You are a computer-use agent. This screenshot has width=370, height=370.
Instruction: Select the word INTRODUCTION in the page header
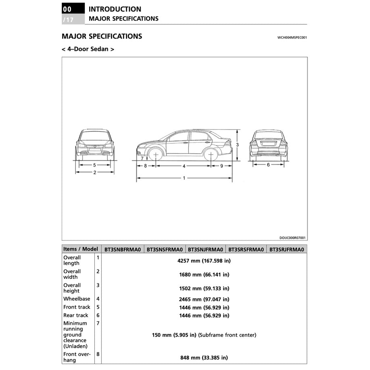click(x=115, y=9)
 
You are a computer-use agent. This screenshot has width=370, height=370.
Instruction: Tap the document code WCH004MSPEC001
click(x=292, y=38)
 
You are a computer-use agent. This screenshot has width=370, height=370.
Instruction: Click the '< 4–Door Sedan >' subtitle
click(x=88, y=49)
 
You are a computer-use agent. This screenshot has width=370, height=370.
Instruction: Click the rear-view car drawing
click(x=268, y=144)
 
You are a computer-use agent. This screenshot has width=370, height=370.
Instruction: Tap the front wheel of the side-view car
click(x=155, y=155)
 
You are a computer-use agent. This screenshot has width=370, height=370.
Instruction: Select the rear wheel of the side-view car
click(x=211, y=155)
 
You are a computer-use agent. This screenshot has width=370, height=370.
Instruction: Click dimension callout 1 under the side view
click(x=184, y=178)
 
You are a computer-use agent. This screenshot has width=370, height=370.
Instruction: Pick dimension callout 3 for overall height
click(x=238, y=144)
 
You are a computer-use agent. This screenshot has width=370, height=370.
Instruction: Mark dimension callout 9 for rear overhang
click(x=222, y=166)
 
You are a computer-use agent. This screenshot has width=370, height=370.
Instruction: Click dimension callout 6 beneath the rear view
click(x=268, y=165)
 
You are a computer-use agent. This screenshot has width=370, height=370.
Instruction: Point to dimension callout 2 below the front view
click(x=95, y=173)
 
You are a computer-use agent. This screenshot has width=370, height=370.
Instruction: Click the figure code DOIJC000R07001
click(x=292, y=238)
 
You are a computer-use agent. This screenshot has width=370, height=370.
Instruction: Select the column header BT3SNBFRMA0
click(x=123, y=249)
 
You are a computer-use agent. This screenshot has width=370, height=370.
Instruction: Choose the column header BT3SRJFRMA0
click(x=286, y=249)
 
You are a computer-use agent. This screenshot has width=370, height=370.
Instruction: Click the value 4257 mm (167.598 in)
click(x=204, y=261)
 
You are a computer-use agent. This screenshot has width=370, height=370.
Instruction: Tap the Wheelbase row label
click(x=77, y=299)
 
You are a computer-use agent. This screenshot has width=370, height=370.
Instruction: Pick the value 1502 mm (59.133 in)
click(x=204, y=288)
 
